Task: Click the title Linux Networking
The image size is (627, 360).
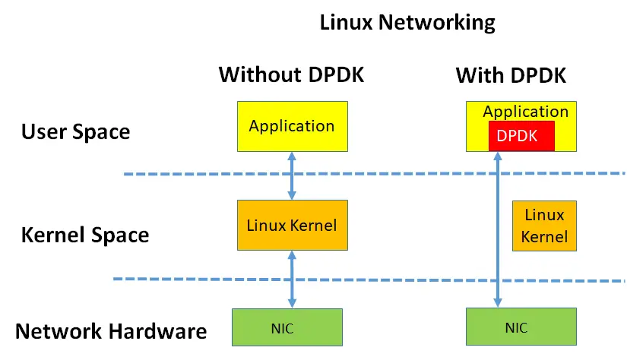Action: pyautogui.click(x=407, y=22)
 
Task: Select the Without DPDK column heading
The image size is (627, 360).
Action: pyautogui.click(x=292, y=74)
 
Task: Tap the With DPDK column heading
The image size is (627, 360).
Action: pyautogui.click(x=511, y=75)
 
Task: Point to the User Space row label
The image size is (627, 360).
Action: pyautogui.click(x=76, y=131)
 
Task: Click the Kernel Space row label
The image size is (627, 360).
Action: pyautogui.click(x=85, y=234)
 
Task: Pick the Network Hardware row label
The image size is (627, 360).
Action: pyautogui.click(x=111, y=331)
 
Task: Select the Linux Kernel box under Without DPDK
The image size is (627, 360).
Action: pyautogui.click(x=292, y=226)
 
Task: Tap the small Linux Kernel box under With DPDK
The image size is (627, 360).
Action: pyautogui.click(x=545, y=226)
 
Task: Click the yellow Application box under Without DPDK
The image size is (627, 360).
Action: pyautogui.click(x=292, y=126)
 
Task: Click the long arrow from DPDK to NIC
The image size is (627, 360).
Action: pyautogui.click(x=498, y=228)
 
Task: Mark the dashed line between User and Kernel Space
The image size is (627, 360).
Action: pyautogui.click(x=190, y=175)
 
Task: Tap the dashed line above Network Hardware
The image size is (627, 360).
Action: pyautogui.click(x=190, y=279)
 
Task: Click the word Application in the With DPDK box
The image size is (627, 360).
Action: pyautogui.click(x=525, y=112)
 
